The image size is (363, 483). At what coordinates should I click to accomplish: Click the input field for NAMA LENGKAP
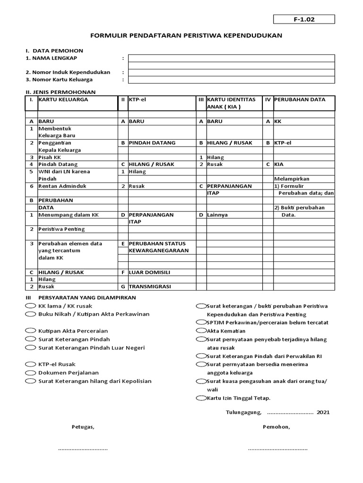click(x=231, y=58)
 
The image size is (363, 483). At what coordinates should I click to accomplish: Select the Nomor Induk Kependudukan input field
click(x=231, y=73)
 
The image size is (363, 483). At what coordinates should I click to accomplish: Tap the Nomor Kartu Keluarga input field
click(x=231, y=80)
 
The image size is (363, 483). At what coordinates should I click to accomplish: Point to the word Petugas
click(x=83, y=427)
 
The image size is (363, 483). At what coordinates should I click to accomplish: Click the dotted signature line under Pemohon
click(x=277, y=449)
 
